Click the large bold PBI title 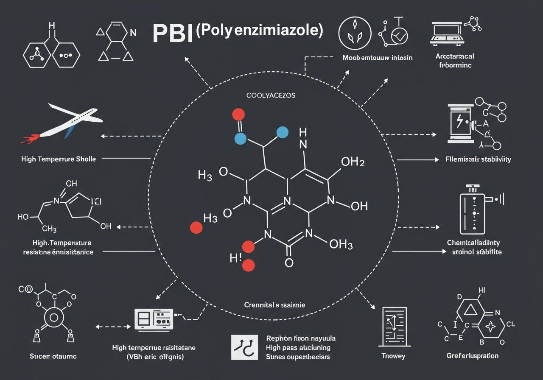(x=172, y=34)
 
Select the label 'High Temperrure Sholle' (x=59, y=159)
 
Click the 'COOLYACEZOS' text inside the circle (x=271, y=95)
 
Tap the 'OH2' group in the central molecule (x=353, y=162)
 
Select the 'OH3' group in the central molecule (x=341, y=244)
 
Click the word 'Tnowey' (x=393, y=355)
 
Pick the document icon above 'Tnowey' (x=394, y=325)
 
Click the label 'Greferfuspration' (x=473, y=355)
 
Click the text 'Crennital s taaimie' (x=274, y=305)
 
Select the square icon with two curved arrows (x=244, y=347)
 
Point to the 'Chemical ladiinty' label (x=473, y=243)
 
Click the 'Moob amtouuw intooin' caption (x=377, y=57)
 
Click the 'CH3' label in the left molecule (x=49, y=229)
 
